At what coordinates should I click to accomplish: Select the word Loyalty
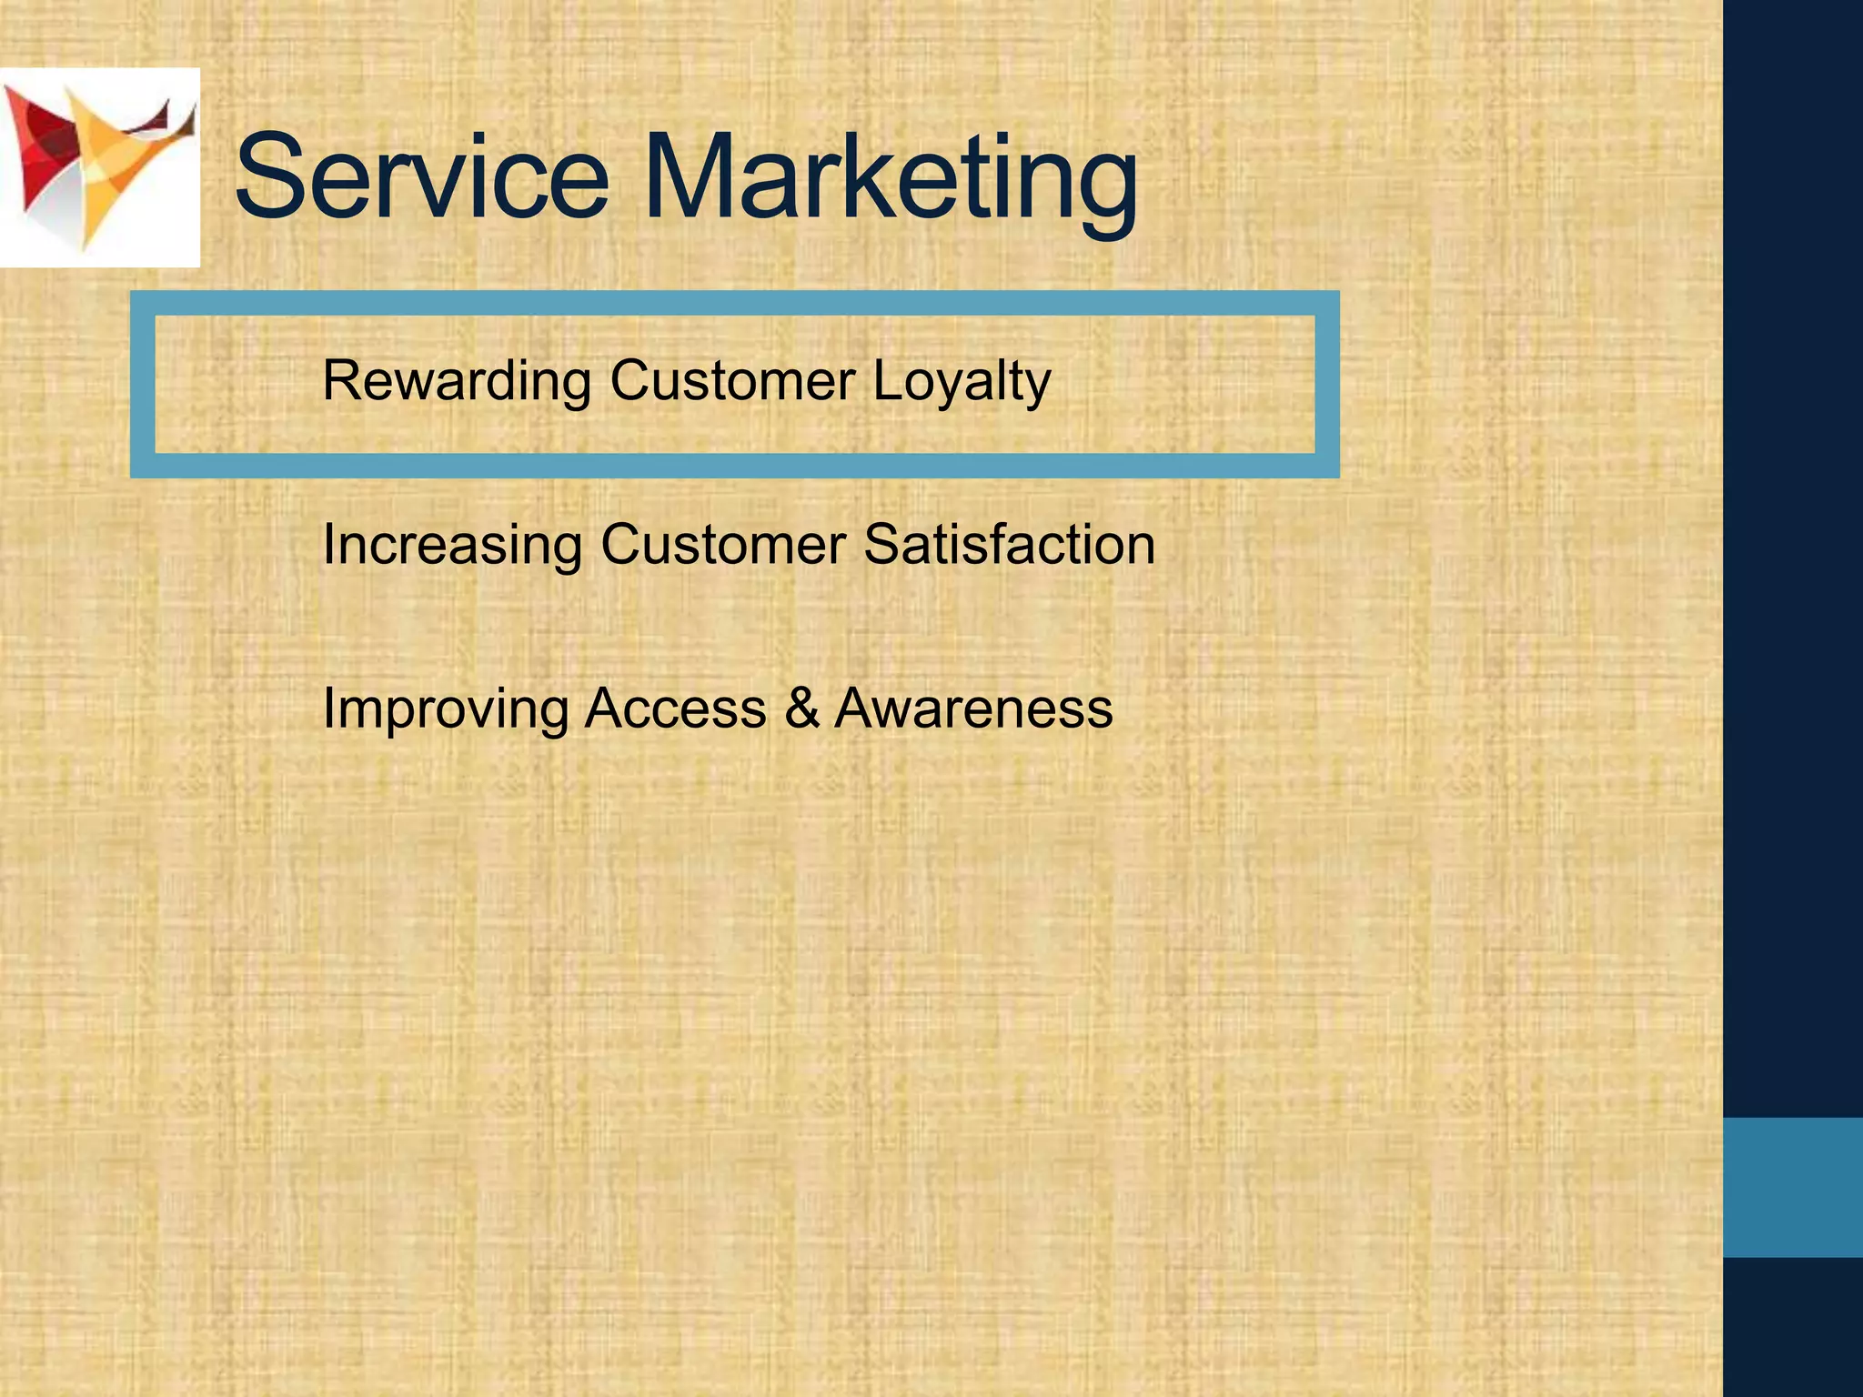click(962, 382)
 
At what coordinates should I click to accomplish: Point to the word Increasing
click(452, 546)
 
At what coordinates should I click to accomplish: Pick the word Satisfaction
click(1009, 544)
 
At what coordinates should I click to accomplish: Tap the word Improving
click(445, 709)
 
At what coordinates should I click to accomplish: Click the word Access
click(675, 708)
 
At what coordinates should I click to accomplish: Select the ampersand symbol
click(801, 708)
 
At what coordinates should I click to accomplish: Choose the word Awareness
click(973, 708)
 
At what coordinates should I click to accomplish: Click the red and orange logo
click(99, 168)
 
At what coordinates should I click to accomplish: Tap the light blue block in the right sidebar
click(1793, 1187)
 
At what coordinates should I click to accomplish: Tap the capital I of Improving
click(329, 708)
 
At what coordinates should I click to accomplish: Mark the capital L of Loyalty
click(885, 380)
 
